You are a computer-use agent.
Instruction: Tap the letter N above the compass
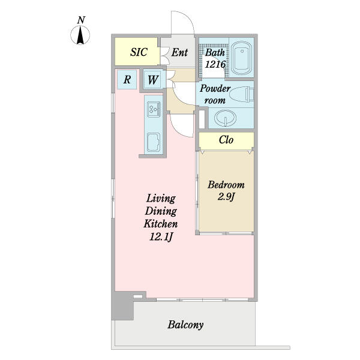point(81,20)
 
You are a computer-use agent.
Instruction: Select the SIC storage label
point(139,52)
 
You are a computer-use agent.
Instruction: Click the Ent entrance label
point(179,52)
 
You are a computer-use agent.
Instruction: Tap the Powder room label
point(214,94)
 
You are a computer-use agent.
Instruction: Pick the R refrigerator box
point(127,80)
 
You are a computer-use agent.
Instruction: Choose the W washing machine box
point(153,80)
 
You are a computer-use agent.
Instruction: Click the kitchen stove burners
point(152,109)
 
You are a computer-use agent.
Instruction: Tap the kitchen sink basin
point(152,142)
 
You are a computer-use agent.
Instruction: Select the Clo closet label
point(226,140)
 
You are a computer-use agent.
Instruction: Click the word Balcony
point(185,325)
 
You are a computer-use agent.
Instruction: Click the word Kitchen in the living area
point(160,223)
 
